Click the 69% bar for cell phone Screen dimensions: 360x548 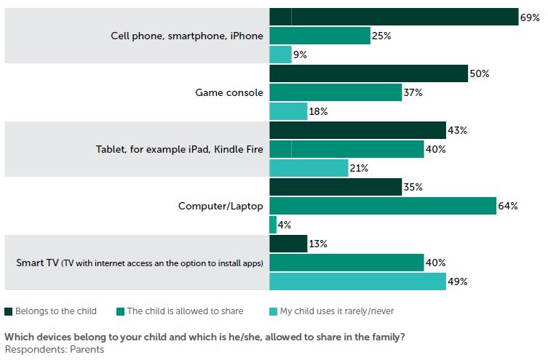393,17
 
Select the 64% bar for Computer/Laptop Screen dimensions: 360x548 383,206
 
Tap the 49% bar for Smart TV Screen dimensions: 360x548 357,281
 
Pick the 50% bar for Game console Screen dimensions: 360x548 368,73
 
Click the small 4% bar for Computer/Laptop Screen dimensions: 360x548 273,225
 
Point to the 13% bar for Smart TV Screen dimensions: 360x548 288,244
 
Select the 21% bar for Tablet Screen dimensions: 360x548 309,168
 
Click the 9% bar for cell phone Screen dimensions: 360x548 280,55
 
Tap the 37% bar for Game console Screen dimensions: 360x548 335,92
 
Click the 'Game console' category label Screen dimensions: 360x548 229,92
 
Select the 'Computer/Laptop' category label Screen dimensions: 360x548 221,206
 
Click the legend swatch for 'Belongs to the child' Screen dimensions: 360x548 9,311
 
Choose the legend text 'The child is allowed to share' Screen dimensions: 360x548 185,311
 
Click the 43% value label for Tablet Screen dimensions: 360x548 458,130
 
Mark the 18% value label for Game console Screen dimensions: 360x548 319,111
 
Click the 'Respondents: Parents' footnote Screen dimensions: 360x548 54,349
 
